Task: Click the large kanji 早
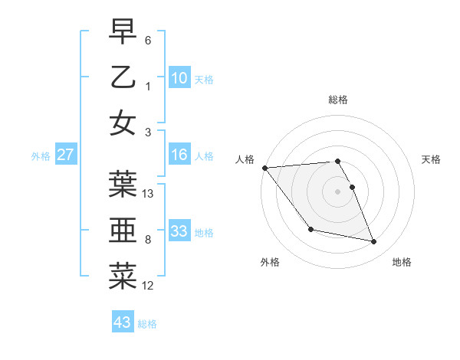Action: (123, 31)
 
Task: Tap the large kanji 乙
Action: (123, 77)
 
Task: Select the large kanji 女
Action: (123, 123)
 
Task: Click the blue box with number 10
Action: (179, 77)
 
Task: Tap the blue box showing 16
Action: (179, 155)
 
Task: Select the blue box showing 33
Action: (179, 231)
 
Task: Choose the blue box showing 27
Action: (66, 155)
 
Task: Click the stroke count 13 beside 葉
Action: (149, 194)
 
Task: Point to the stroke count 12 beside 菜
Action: (149, 286)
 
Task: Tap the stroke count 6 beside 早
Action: (148, 40)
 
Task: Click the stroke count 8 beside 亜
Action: (148, 240)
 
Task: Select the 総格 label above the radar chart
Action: (338, 100)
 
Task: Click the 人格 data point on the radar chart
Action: (264, 168)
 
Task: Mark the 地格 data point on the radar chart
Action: (374, 242)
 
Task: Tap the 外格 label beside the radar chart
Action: (270, 262)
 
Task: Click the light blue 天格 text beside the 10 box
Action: (204, 79)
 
